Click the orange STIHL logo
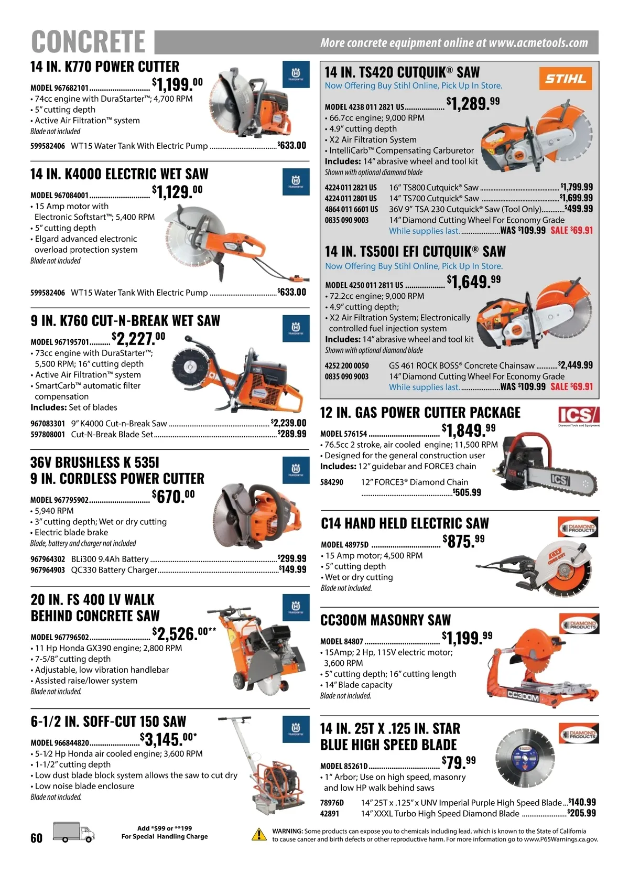[566, 78]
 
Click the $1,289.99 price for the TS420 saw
[473, 103]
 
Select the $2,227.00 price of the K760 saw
[138, 338]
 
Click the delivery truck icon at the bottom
[74, 833]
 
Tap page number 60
[37, 838]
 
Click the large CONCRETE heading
[88, 41]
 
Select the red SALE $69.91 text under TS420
[571, 230]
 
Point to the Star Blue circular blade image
[525, 758]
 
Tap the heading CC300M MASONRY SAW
[385, 620]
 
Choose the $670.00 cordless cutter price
[173, 496]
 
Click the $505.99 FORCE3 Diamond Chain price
[467, 492]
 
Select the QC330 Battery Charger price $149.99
[292, 569]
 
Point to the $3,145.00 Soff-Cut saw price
[168, 739]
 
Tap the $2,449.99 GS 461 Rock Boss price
[575, 365]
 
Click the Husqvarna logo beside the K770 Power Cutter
[296, 74]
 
